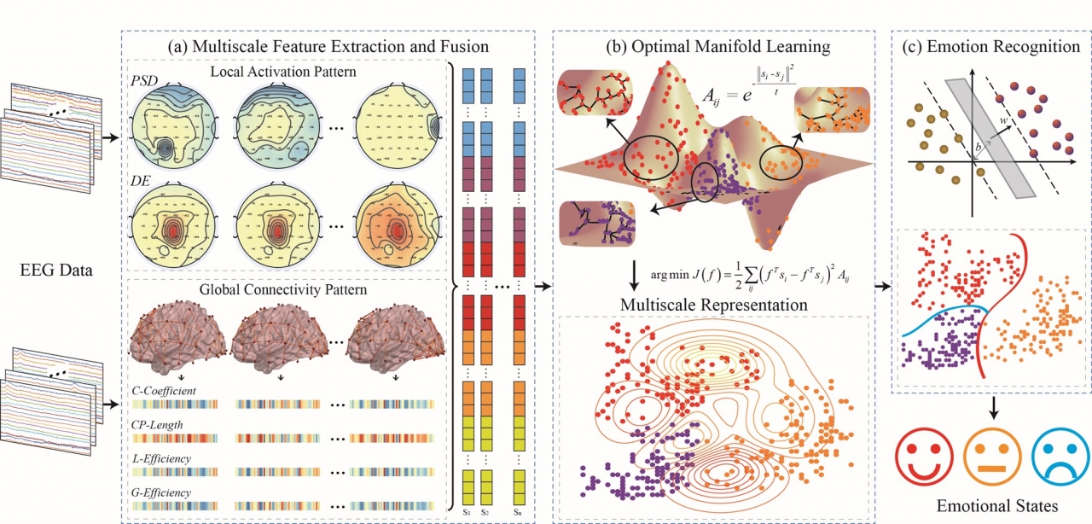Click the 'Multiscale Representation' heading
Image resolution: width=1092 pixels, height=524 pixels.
coord(712,305)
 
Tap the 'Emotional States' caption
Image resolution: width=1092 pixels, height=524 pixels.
coord(990,505)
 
